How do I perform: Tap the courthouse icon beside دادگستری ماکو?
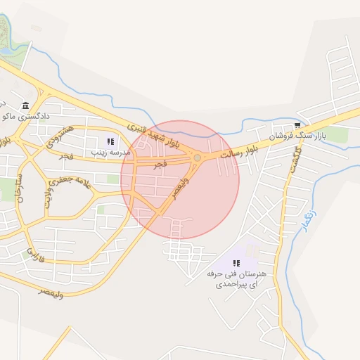[x=26, y=106]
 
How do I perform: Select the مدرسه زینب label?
[x=107, y=152]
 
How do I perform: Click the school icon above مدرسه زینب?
[x=109, y=142]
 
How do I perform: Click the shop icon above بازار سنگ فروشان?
[x=298, y=124]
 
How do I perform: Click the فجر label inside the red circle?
[x=160, y=164]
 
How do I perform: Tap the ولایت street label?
[x=49, y=195]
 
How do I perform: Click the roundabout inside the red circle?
[x=197, y=157]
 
